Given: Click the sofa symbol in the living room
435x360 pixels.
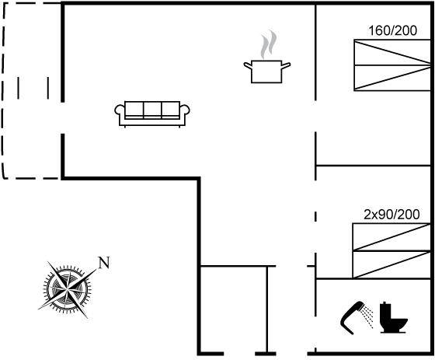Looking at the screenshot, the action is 152,114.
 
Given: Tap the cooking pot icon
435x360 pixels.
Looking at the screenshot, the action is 266,72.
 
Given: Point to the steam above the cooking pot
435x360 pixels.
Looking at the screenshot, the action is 269,44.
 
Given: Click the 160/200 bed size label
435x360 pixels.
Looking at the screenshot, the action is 392,30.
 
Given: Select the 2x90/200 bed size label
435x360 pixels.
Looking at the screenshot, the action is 391,215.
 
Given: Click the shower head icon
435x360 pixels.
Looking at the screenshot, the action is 353,317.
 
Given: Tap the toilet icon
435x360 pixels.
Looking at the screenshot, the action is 394,317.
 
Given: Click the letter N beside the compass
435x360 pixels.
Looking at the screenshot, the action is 104,263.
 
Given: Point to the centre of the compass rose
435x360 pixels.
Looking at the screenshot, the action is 67,290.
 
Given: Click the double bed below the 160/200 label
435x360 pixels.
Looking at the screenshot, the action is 392,65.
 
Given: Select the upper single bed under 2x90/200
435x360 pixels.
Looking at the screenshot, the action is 391,237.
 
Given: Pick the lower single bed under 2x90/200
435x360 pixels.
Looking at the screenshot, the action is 391,264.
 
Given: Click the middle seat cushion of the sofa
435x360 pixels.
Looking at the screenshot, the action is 152,109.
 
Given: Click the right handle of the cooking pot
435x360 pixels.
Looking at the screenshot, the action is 286,66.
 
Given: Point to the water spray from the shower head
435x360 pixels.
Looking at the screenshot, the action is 368,316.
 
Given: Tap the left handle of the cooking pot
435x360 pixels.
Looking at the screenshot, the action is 248,65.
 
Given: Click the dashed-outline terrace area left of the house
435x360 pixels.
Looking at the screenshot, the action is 31,90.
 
